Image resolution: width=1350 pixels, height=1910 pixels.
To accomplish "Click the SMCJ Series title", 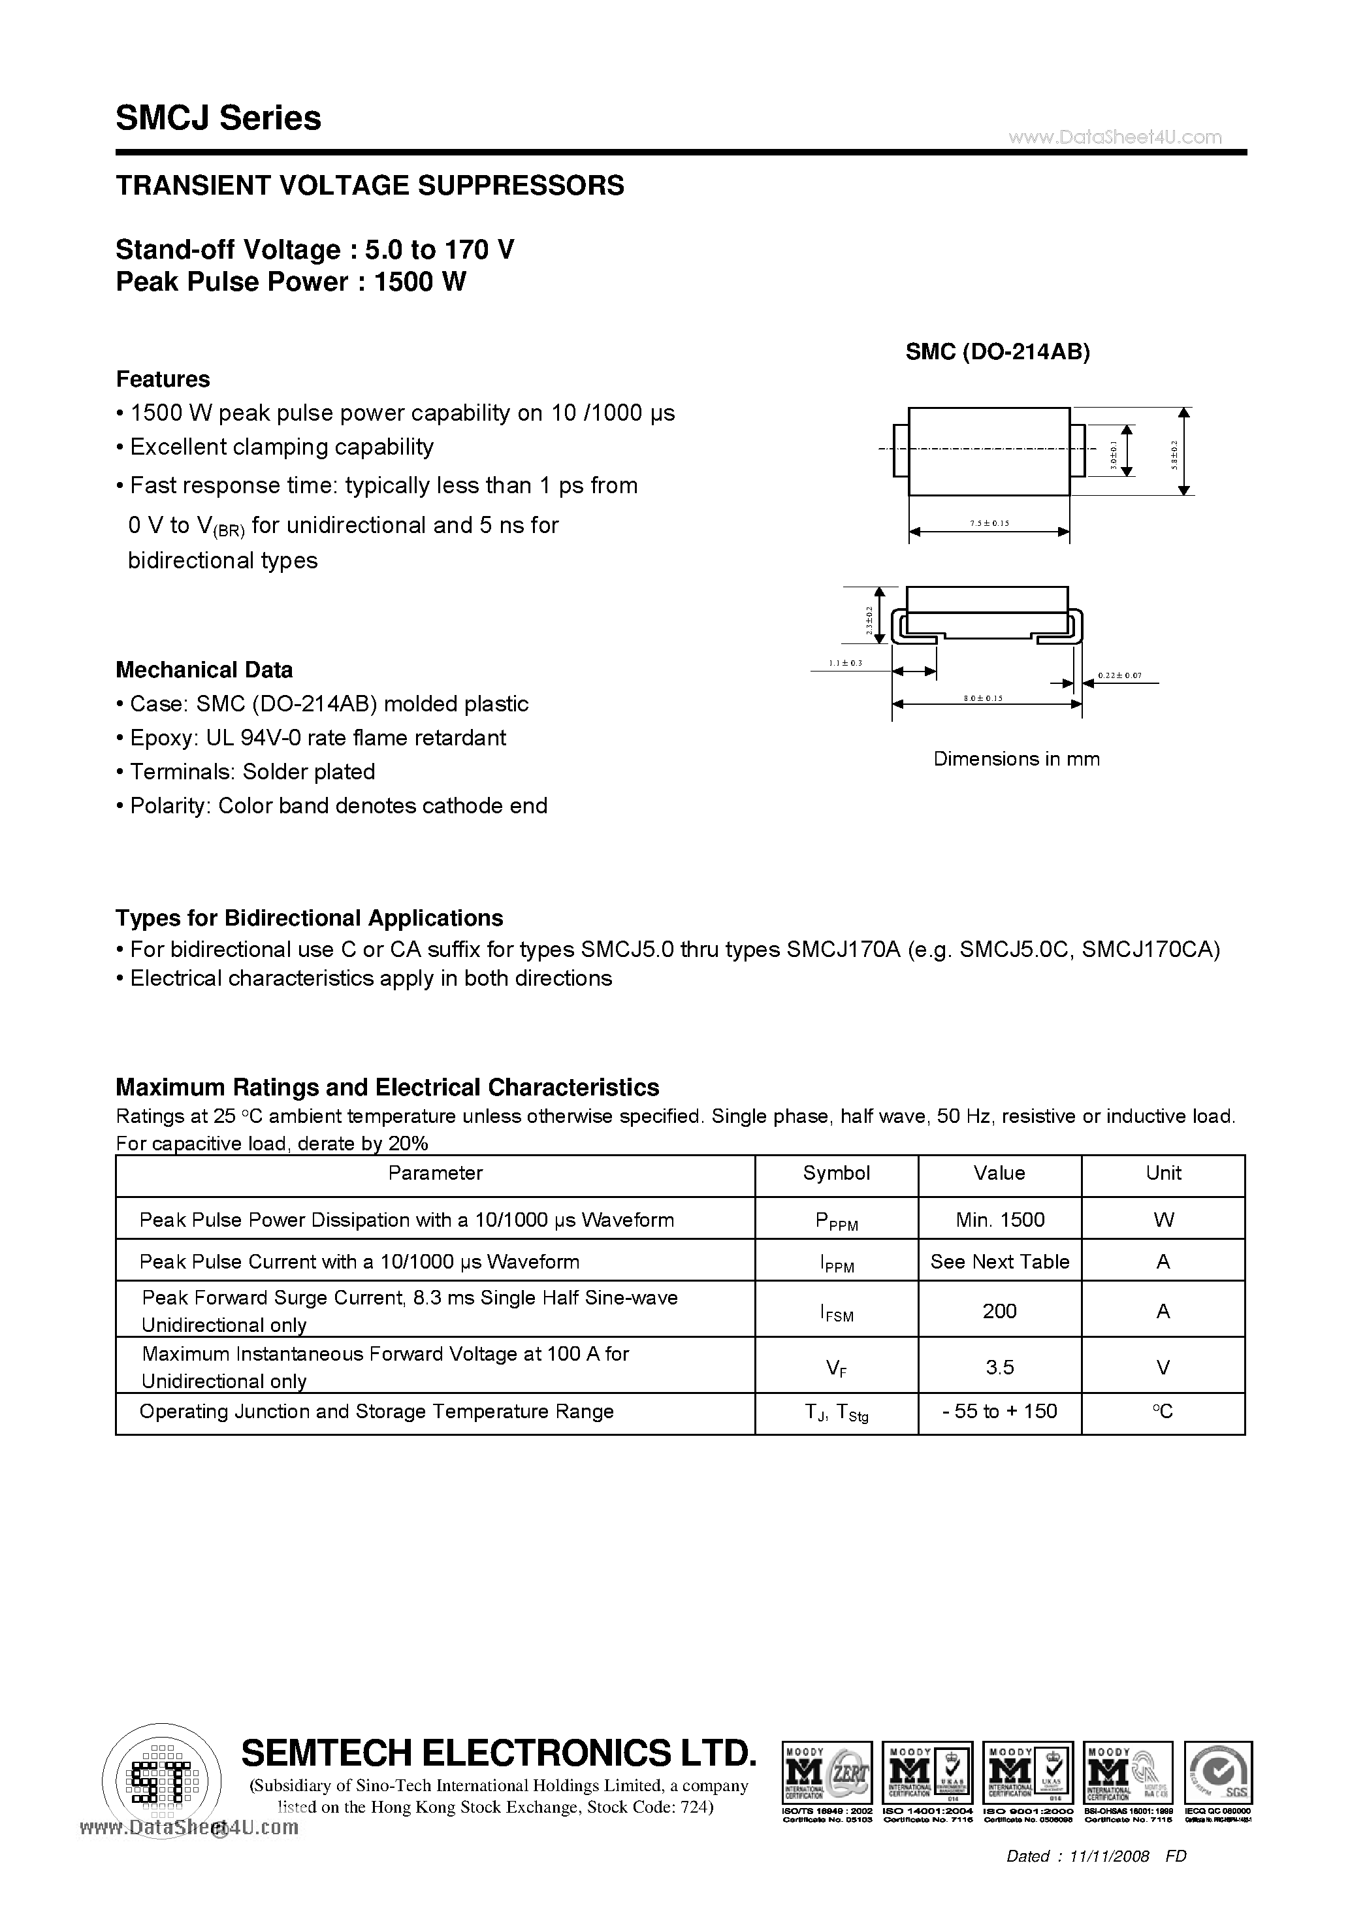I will [219, 118].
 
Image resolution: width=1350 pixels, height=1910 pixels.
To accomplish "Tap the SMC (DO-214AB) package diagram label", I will [997, 352].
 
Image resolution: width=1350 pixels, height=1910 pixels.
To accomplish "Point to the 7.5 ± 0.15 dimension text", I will [989, 523].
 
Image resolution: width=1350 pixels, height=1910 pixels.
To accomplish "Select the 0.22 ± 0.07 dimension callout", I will [1119, 675].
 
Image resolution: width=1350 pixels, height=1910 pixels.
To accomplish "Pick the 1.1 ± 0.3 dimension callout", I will [845, 663].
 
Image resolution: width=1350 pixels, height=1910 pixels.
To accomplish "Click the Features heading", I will [163, 380].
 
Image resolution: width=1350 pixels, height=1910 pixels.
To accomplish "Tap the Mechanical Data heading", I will [204, 670].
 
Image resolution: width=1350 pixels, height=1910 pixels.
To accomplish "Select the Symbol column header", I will [836, 1173].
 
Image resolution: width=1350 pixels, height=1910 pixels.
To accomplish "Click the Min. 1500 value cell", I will [1000, 1220].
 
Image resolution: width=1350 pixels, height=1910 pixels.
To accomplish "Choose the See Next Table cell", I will [1000, 1261].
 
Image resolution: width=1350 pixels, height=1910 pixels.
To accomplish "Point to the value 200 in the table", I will [999, 1311].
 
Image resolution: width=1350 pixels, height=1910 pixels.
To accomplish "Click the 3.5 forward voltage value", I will [999, 1368].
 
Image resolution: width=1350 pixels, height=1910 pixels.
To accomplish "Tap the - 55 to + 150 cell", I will [999, 1411].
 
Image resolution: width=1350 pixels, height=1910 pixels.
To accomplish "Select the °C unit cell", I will [1163, 1412].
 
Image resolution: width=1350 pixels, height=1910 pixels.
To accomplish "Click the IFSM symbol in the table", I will [836, 1313].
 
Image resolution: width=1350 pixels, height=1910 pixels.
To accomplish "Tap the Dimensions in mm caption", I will [1016, 758].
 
